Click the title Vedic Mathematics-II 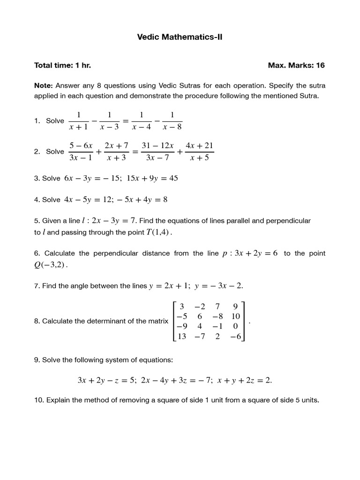click(180, 37)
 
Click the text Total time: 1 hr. click(62, 65)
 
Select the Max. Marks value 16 click(320, 65)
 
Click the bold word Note click(43, 86)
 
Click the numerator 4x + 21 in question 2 click(199, 146)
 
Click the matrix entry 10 click(235, 316)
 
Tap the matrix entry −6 click(235, 337)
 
